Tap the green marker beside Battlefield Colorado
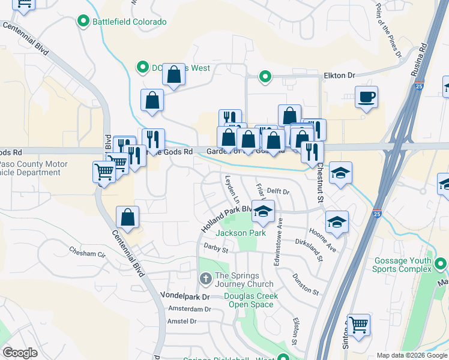[x=83, y=22]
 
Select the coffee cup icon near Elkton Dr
[x=366, y=97]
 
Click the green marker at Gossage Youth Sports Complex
[x=441, y=263]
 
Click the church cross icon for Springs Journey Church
[x=205, y=278]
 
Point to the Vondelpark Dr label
[x=185, y=296]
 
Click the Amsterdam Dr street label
[x=190, y=309]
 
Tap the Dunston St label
[x=306, y=283]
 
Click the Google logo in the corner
[x=20, y=353]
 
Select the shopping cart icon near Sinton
[x=358, y=325]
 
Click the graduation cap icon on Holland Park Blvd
[x=262, y=211]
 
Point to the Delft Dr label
[x=278, y=191]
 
